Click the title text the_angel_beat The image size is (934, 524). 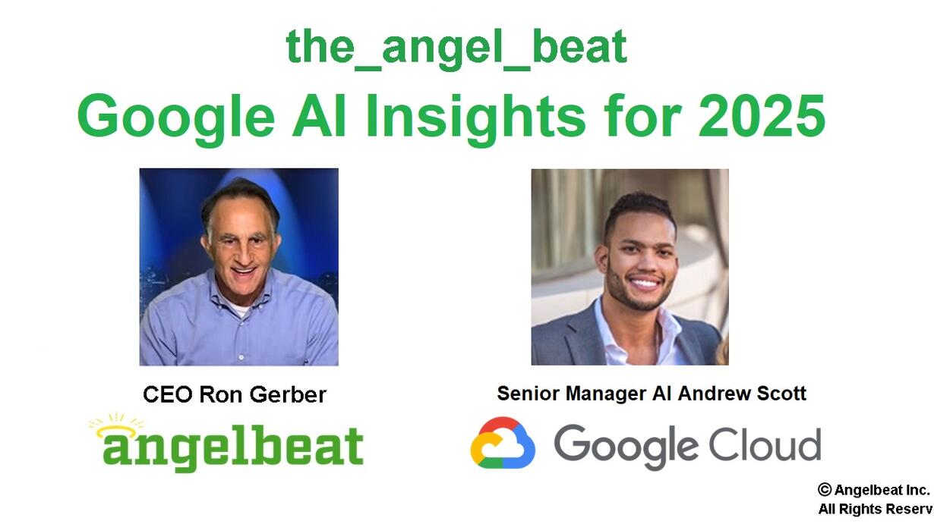click(456, 48)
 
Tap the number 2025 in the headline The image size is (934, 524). click(762, 115)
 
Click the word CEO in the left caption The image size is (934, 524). click(168, 394)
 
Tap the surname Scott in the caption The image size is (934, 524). click(781, 394)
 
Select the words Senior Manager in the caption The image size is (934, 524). click(572, 394)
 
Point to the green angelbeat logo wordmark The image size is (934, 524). click(233, 447)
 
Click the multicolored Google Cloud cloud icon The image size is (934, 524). click(503, 442)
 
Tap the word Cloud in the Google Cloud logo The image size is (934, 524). click(765, 443)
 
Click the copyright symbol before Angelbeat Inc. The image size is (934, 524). click(825, 490)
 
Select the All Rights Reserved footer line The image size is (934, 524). click(876, 509)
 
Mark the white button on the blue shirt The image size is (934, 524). click(241, 357)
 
